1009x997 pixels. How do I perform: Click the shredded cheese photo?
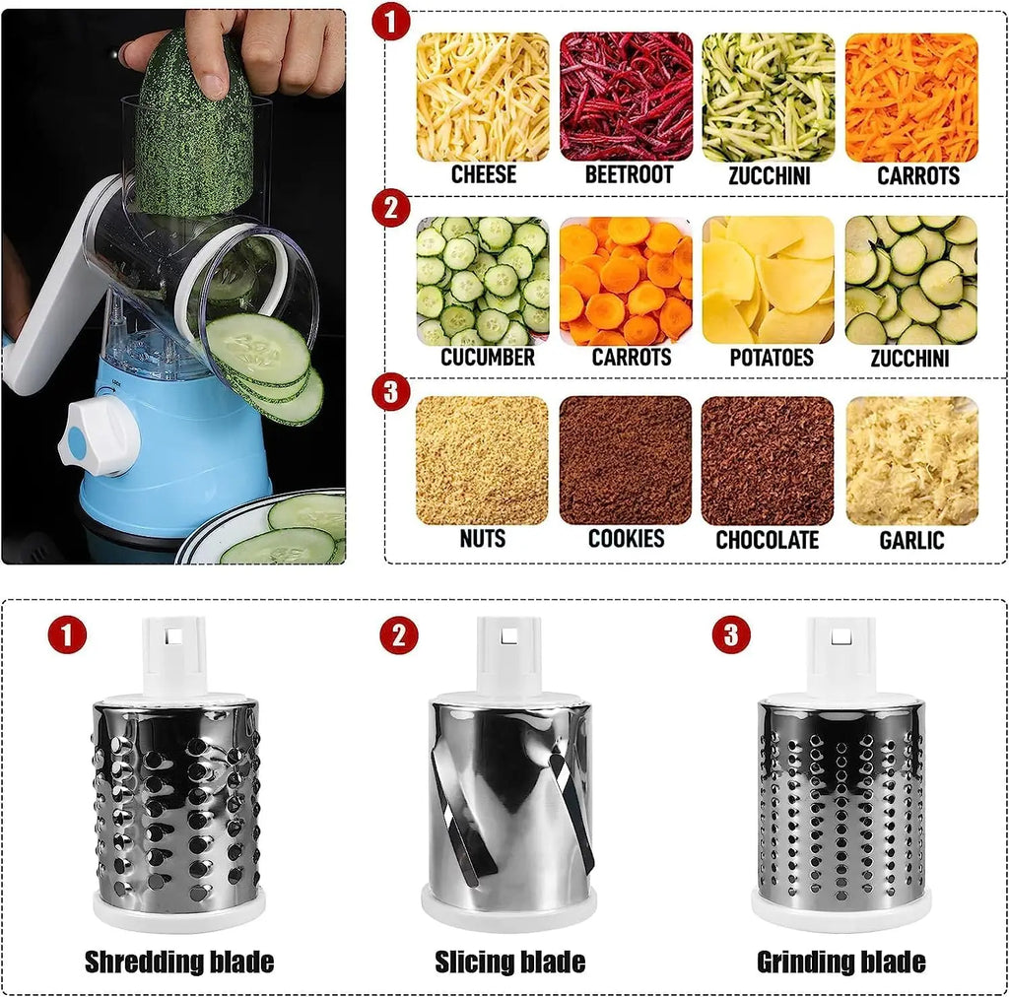tap(483, 97)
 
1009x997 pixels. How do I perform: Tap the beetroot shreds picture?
tap(626, 97)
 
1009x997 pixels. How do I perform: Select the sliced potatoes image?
tap(768, 280)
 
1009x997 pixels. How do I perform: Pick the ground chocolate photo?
tap(768, 460)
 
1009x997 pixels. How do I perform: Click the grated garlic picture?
tap(911, 460)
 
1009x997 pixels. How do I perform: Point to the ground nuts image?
tap(483, 460)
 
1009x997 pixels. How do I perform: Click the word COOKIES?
tap(626, 539)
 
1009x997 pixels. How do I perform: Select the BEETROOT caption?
tap(629, 175)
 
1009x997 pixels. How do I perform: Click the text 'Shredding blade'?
tap(179, 962)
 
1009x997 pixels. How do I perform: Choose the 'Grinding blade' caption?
tap(841, 962)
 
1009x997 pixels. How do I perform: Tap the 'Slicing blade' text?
tap(510, 962)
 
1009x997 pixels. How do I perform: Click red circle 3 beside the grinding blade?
tap(730, 635)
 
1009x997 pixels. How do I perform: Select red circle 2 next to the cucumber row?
tap(391, 210)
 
